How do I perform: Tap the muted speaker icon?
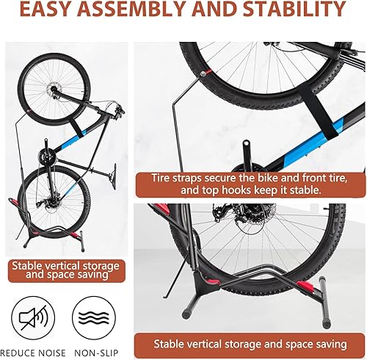32,317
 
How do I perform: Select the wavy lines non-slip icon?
93,317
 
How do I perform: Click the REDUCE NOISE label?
34,352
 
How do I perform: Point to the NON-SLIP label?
94,352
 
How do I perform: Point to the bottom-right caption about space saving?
250,343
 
